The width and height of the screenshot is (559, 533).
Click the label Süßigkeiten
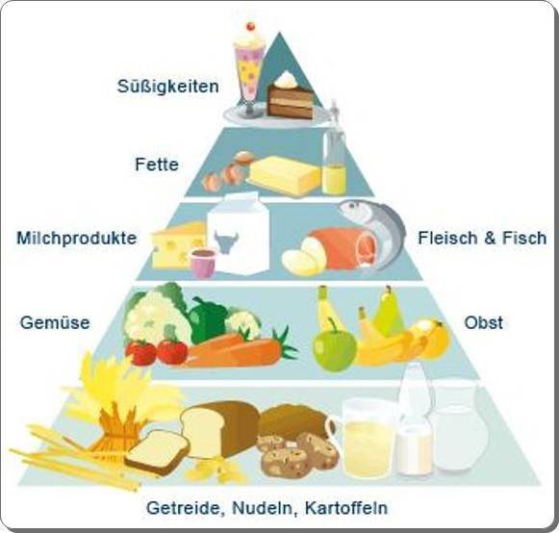tap(168, 87)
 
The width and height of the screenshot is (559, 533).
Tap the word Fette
tap(157, 165)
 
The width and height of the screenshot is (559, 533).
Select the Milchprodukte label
tap(77, 238)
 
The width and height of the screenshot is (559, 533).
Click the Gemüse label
tap(55, 322)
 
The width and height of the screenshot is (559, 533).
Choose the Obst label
tap(483, 322)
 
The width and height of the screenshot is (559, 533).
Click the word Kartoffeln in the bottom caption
tap(345, 508)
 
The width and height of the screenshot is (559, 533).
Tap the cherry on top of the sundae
tap(250, 26)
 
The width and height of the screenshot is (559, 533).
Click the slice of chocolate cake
tap(291, 96)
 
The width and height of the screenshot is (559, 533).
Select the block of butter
tap(284, 176)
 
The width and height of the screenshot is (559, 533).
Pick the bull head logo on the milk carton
tap(226, 241)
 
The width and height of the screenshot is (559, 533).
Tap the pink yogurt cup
tap(203, 263)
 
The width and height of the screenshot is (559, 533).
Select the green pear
tap(389, 313)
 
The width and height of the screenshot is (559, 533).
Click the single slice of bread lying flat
tap(157, 452)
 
